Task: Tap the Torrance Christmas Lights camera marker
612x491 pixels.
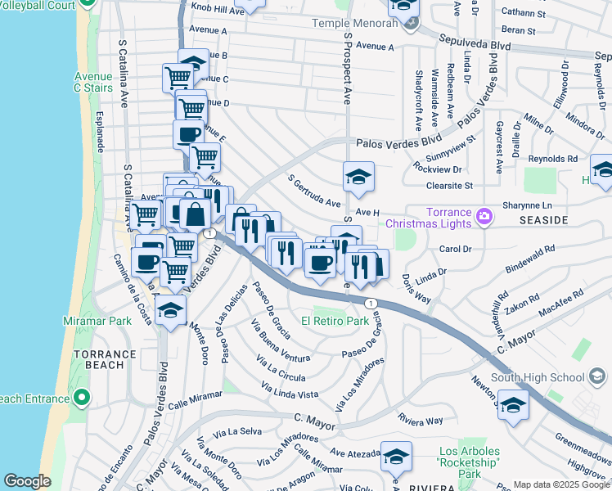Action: click(x=484, y=215)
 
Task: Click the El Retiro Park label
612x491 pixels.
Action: click(x=335, y=322)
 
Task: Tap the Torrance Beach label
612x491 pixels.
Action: click(x=104, y=360)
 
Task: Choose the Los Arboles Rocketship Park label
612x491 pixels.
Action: click(x=470, y=462)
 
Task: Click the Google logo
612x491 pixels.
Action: click(x=28, y=481)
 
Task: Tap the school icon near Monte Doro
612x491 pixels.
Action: click(x=170, y=310)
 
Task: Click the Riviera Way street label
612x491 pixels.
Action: click(x=420, y=421)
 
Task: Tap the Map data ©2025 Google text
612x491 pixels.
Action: click(x=561, y=484)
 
